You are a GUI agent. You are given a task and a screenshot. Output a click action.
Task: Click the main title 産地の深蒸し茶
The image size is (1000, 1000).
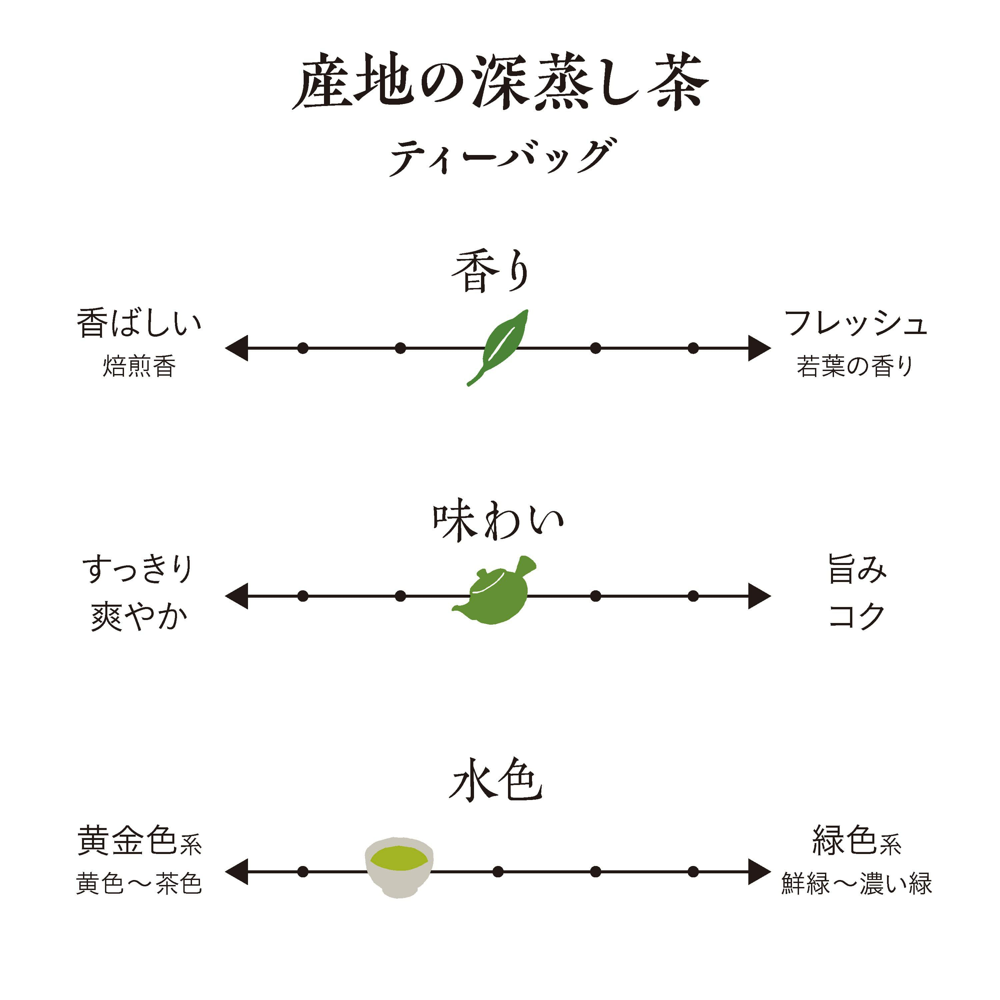coord(500,82)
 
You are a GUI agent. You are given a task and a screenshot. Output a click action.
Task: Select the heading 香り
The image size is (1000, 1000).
coord(491,271)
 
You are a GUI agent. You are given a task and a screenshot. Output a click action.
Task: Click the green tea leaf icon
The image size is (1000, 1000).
coord(497,348)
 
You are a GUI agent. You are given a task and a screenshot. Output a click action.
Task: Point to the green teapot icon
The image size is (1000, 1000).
coord(494,590)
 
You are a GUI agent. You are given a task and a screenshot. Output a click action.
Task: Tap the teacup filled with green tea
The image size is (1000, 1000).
coord(399,867)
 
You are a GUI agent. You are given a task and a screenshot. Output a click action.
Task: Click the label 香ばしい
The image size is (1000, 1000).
coord(139,323)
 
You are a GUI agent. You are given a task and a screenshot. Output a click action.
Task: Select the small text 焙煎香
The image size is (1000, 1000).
coord(139,366)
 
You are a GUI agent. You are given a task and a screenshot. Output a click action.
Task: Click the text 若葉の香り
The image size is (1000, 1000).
coord(855,366)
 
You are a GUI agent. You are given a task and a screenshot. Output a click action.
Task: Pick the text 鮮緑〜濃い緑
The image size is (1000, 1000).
coord(857,883)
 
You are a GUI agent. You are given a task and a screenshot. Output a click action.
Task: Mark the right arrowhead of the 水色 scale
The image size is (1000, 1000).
coord(759,872)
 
